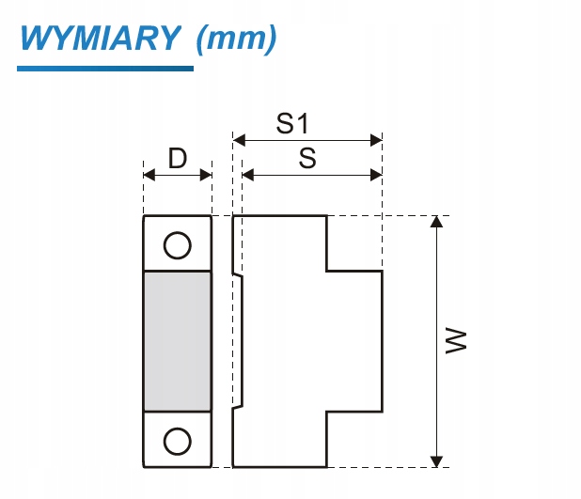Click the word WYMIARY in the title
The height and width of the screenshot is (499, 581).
(x=101, y=38)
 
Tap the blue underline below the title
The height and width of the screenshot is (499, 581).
(x=105, y=69)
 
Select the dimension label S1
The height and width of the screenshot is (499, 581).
(x=292, y=123)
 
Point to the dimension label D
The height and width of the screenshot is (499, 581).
(x=178, y=158)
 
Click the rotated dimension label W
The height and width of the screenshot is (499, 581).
(x=455, y=340)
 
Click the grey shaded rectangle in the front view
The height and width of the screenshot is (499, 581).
(x=178, y=341)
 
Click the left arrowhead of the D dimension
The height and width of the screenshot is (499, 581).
(x=149, y=175)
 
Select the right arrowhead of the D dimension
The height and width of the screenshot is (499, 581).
(x=206, y=175)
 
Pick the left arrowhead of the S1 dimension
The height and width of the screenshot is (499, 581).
(x=239, y=140)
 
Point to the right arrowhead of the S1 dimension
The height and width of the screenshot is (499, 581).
(x=376, y=140)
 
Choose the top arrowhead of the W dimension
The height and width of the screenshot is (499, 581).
(x=437, y=222)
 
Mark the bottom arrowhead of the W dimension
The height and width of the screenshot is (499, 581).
(x=437, y=461)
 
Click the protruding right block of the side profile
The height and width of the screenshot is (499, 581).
(x=354, y=341)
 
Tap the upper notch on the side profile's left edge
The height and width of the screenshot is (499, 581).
(x=238, y=273)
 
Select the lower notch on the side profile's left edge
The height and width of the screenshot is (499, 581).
(x=238, y=407)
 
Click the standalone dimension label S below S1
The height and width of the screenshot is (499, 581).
(x=307, y=158)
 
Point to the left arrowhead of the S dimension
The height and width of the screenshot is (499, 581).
(x=248, y=175)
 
